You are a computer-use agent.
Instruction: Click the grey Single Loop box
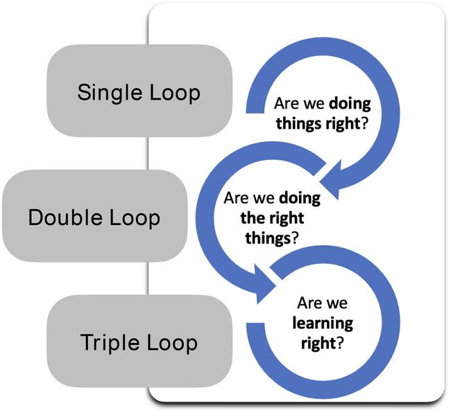coord(139,91)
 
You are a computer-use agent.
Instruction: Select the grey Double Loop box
coord(95,215)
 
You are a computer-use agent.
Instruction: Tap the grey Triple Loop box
coord(139,341)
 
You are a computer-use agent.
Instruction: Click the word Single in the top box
coord(110,93)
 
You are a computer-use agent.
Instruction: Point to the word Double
coord(65,217)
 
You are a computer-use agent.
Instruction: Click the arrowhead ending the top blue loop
coord(331,180)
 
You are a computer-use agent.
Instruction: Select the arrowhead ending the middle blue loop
coord(264,284)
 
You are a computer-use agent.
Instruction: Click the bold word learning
coord(323,323)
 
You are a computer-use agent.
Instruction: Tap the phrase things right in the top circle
coord(318,123)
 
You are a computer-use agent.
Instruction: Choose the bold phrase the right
coord(272,218)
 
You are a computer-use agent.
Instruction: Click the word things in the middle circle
coord(268,238)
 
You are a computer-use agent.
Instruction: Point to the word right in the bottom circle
coord(318,343)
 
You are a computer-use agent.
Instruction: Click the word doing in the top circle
coord(350,104)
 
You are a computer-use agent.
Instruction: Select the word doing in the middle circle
coord(300,199)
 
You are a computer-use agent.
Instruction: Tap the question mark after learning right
coord(340,342)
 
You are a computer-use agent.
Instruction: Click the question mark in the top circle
coord(364,123)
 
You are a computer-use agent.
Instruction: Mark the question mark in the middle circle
coord(295,237)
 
